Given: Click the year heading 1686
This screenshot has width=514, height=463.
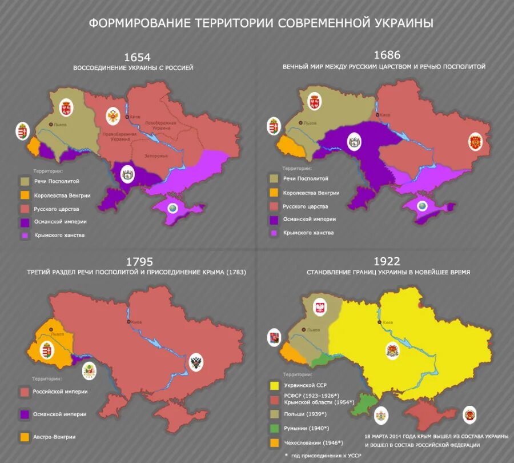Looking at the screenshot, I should (x=387, y=55).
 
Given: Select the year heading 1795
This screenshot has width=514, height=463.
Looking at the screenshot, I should (x=139, y=261).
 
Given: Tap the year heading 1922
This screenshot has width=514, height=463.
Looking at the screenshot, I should (x=388, y=261).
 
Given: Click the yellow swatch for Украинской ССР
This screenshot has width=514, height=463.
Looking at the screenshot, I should (x=274, y=385).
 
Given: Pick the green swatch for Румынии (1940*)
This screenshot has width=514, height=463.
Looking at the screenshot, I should (x=274, y=428).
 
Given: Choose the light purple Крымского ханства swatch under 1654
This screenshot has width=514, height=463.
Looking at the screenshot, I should (x=25, y=235).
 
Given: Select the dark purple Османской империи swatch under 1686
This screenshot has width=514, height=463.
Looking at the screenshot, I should (x=274, y=219).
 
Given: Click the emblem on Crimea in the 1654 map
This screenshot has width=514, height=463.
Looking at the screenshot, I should (x=172, y=209).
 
